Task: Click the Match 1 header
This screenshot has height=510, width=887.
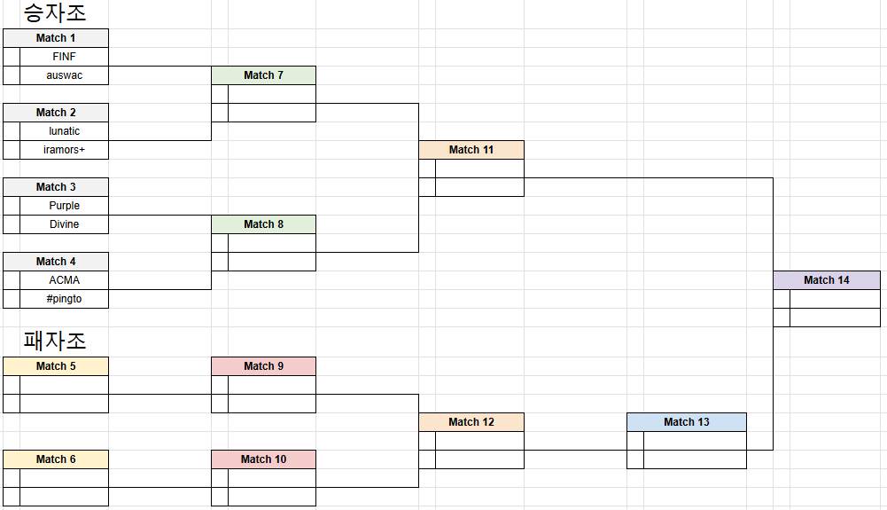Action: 56,38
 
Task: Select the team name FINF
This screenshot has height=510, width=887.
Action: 64,57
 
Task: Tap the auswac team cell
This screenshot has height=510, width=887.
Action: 64,75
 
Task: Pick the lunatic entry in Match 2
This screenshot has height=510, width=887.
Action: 64,131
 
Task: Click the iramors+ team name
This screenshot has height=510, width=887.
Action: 64,150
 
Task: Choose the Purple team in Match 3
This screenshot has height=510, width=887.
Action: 64,206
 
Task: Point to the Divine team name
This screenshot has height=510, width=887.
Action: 64,224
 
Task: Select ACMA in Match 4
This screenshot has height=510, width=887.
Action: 64,280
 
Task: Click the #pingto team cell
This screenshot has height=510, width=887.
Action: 64,299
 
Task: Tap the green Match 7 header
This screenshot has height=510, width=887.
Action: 263,75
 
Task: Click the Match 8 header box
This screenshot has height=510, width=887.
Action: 263,224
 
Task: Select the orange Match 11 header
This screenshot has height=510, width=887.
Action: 471,150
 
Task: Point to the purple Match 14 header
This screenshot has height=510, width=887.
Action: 826,280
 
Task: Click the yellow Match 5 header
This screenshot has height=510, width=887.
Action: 56,366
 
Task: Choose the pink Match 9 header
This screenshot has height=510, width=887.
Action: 263,366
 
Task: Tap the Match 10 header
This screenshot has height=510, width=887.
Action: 263,459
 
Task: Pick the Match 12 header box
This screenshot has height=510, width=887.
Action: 471,422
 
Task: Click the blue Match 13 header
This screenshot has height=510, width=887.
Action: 686,422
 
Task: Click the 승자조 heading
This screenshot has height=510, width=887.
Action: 54,13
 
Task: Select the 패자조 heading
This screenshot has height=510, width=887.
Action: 54,341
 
